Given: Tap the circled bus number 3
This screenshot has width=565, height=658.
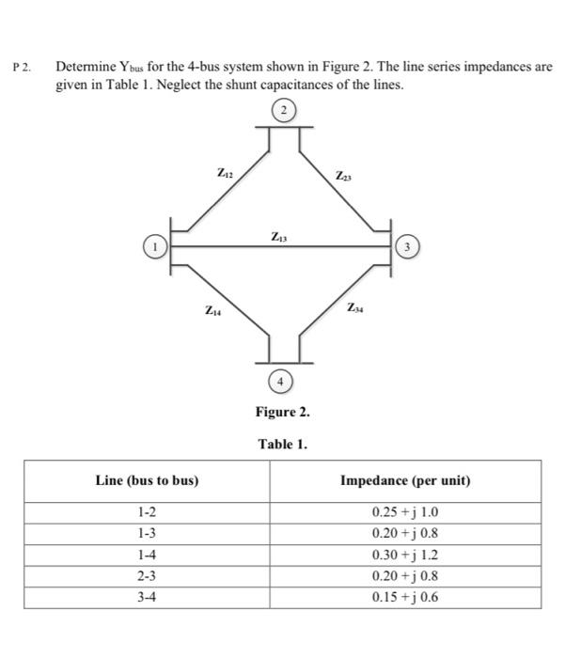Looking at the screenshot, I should (x=407, y=247).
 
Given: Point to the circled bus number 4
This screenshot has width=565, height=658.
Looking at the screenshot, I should (x=280, y=381).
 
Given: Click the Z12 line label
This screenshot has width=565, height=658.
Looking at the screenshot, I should (x=225, y=172).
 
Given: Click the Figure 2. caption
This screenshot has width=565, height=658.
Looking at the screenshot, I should (x=282, y=412).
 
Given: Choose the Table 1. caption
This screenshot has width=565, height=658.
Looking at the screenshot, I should (x=282, y=443).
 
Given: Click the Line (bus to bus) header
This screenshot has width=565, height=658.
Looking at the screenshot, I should (x=147, y=480).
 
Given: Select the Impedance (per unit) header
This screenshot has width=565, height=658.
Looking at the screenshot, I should (x=405, y=480).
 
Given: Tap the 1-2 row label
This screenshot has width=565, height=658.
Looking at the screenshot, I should (x=147, y=513).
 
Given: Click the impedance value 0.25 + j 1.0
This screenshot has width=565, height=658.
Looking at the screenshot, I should (x=405, y=513).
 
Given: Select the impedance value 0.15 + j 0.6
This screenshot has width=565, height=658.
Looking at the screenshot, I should (x=405, y=597).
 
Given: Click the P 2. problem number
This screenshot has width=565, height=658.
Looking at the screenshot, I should (x=22, y=69).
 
